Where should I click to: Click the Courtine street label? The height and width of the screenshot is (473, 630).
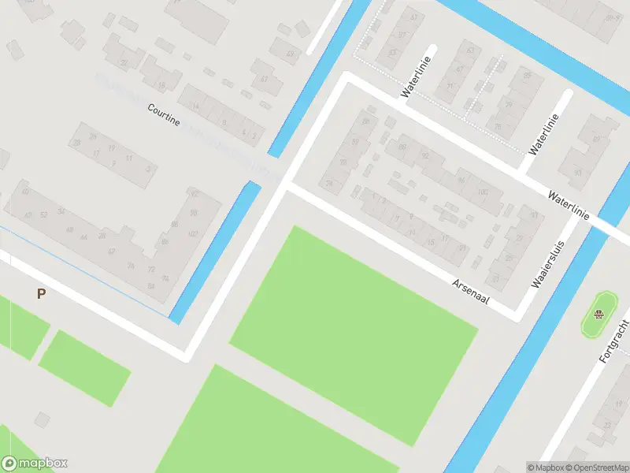point(164,115)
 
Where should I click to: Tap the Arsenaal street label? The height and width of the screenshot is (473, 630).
point(471,292)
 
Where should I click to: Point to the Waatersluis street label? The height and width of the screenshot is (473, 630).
point(549,266)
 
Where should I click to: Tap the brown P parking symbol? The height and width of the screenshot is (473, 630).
point(41,294)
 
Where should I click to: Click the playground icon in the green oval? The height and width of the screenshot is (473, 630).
point(598,316)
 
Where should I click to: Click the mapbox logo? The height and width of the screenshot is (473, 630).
point(35,464)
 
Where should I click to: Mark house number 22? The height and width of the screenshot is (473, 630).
point(124,63)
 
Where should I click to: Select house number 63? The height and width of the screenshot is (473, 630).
point(471,50)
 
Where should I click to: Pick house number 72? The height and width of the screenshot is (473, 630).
point(151,269)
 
